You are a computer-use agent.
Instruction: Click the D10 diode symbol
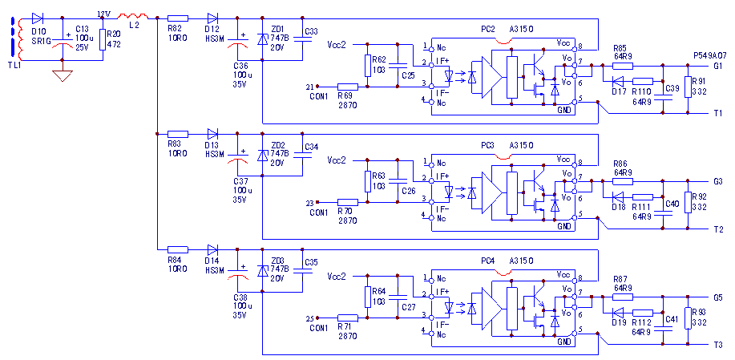click(38, 18)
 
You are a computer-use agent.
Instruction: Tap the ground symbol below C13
click(63, 75)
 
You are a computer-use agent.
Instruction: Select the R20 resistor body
click(103, 40)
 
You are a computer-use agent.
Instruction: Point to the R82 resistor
click(178, 18)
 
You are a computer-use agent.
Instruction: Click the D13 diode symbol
click(212, 134)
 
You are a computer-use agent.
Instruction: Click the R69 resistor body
click(348, 87)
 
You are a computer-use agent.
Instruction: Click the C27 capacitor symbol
click(398, 297)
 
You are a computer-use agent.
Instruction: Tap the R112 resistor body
click(643, 313)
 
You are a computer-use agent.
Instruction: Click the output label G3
click(717, 181)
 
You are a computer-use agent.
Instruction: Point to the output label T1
click(717, 113)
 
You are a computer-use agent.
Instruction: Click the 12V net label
click(103, 14)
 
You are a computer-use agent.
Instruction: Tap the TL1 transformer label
click(15, 65)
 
